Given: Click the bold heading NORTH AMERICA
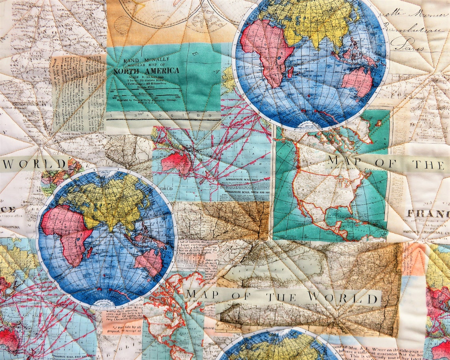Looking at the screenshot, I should click(x=146, y=71).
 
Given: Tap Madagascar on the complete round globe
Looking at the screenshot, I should click(x=89, y=253).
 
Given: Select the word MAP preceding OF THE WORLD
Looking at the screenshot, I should click(x=197, y=294).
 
